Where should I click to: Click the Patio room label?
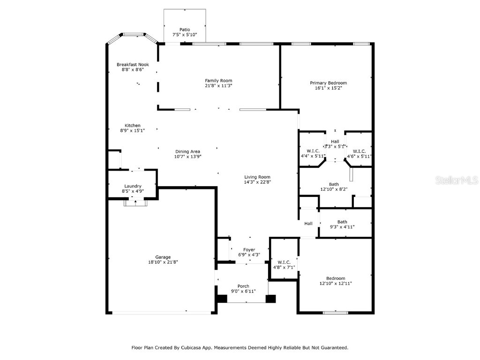coord(185,30)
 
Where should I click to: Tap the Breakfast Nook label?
coord(133,64)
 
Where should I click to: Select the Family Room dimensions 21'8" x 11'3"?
coord(218,86)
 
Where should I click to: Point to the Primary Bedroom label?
coord(328,83)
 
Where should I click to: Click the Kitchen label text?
coord(132,126)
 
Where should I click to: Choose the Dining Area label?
coord(187,151)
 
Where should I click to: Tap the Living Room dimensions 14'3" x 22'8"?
coord(257,182)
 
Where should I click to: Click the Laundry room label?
coord(133,186)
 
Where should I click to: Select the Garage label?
coord(163,257)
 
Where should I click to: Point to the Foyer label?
coord(249,250)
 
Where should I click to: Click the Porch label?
coord(243,286)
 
